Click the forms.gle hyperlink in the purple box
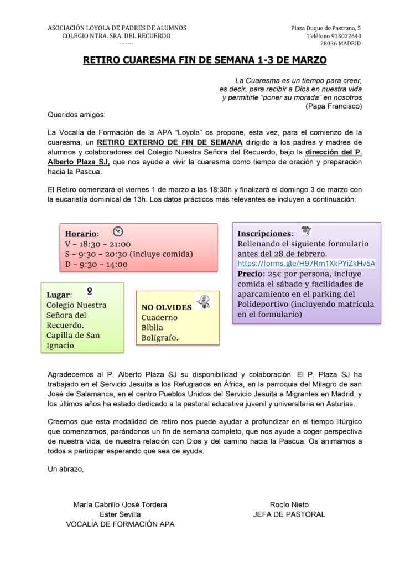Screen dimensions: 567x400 tap(307, 264)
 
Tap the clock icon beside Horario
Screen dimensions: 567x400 tap(117, 232)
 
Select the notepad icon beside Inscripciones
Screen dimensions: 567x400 tap(305, 231)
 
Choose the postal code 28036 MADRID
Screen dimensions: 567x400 tap(340, 44)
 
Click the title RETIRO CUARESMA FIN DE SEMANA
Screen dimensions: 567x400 tap(205, 60)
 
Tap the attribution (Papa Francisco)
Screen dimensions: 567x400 tap(334, 106)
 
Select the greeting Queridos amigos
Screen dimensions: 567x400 tap(76, 115)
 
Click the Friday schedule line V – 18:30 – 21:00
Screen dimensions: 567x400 tap(98, 244)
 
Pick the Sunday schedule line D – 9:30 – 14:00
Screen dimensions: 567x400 tap(96, 264)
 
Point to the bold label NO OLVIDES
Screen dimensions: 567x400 tap(167, 307)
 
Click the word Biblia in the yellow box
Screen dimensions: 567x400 tap(152, 328)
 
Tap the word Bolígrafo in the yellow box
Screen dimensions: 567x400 tap(160, 338)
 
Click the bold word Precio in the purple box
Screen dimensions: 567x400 tap(251, 274)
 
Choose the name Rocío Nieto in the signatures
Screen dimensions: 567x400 tap(289, 504)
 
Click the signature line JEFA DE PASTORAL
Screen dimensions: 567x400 tap(289, 514)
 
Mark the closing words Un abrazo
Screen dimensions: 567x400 tap(66, 469)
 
